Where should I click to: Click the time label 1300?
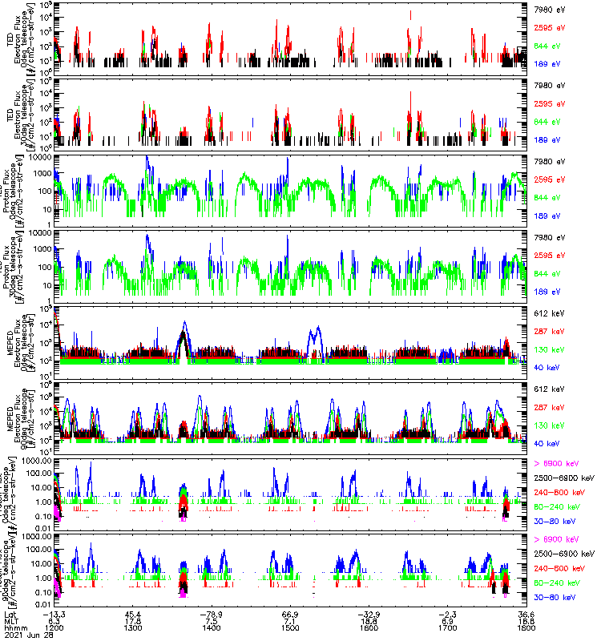[133, 629]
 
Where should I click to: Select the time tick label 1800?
[526, 629]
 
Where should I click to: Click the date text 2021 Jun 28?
[24, 637]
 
